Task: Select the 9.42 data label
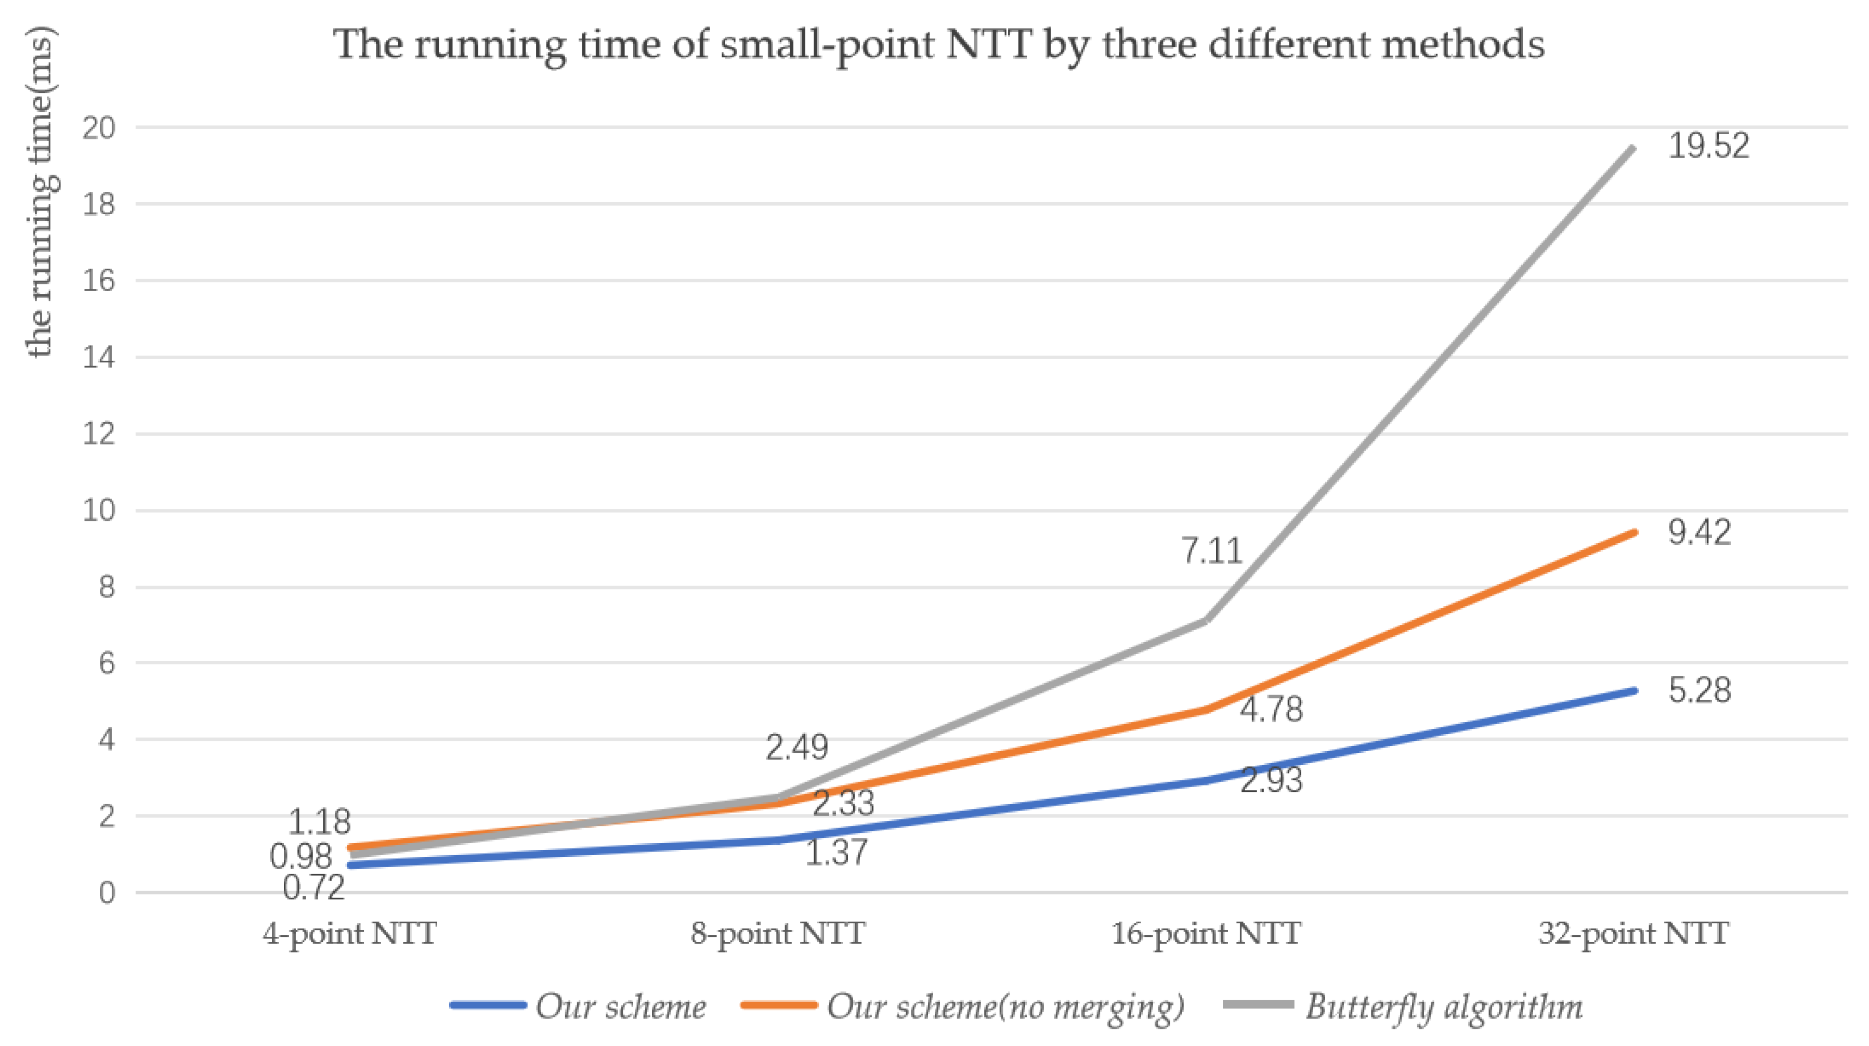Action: pyautogui.click(x=1699, y=533)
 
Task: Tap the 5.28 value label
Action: pyautogui.click(x=1699, y=690)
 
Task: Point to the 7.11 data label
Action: pyautogui.click(x=1212, y=551)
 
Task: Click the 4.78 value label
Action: pyautogui.click(x=1271, y=710)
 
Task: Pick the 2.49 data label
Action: pyautogui.click(x=796, y=747)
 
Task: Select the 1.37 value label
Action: pyautogui.click(x=836, y=852)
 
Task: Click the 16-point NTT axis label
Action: pyautogui.click(x=1206, y=934)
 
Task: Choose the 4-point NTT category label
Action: pyautogui.click(x=350, y=934)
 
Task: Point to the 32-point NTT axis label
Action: pyautogui.click(x=1634, y=934)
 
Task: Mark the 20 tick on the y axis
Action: pyautogui.click(x=99, y=128)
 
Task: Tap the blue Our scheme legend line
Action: pyautogui.click(x=488, y=1005)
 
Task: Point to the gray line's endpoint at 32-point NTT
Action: pyautogui.click(x=1633, y=148)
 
